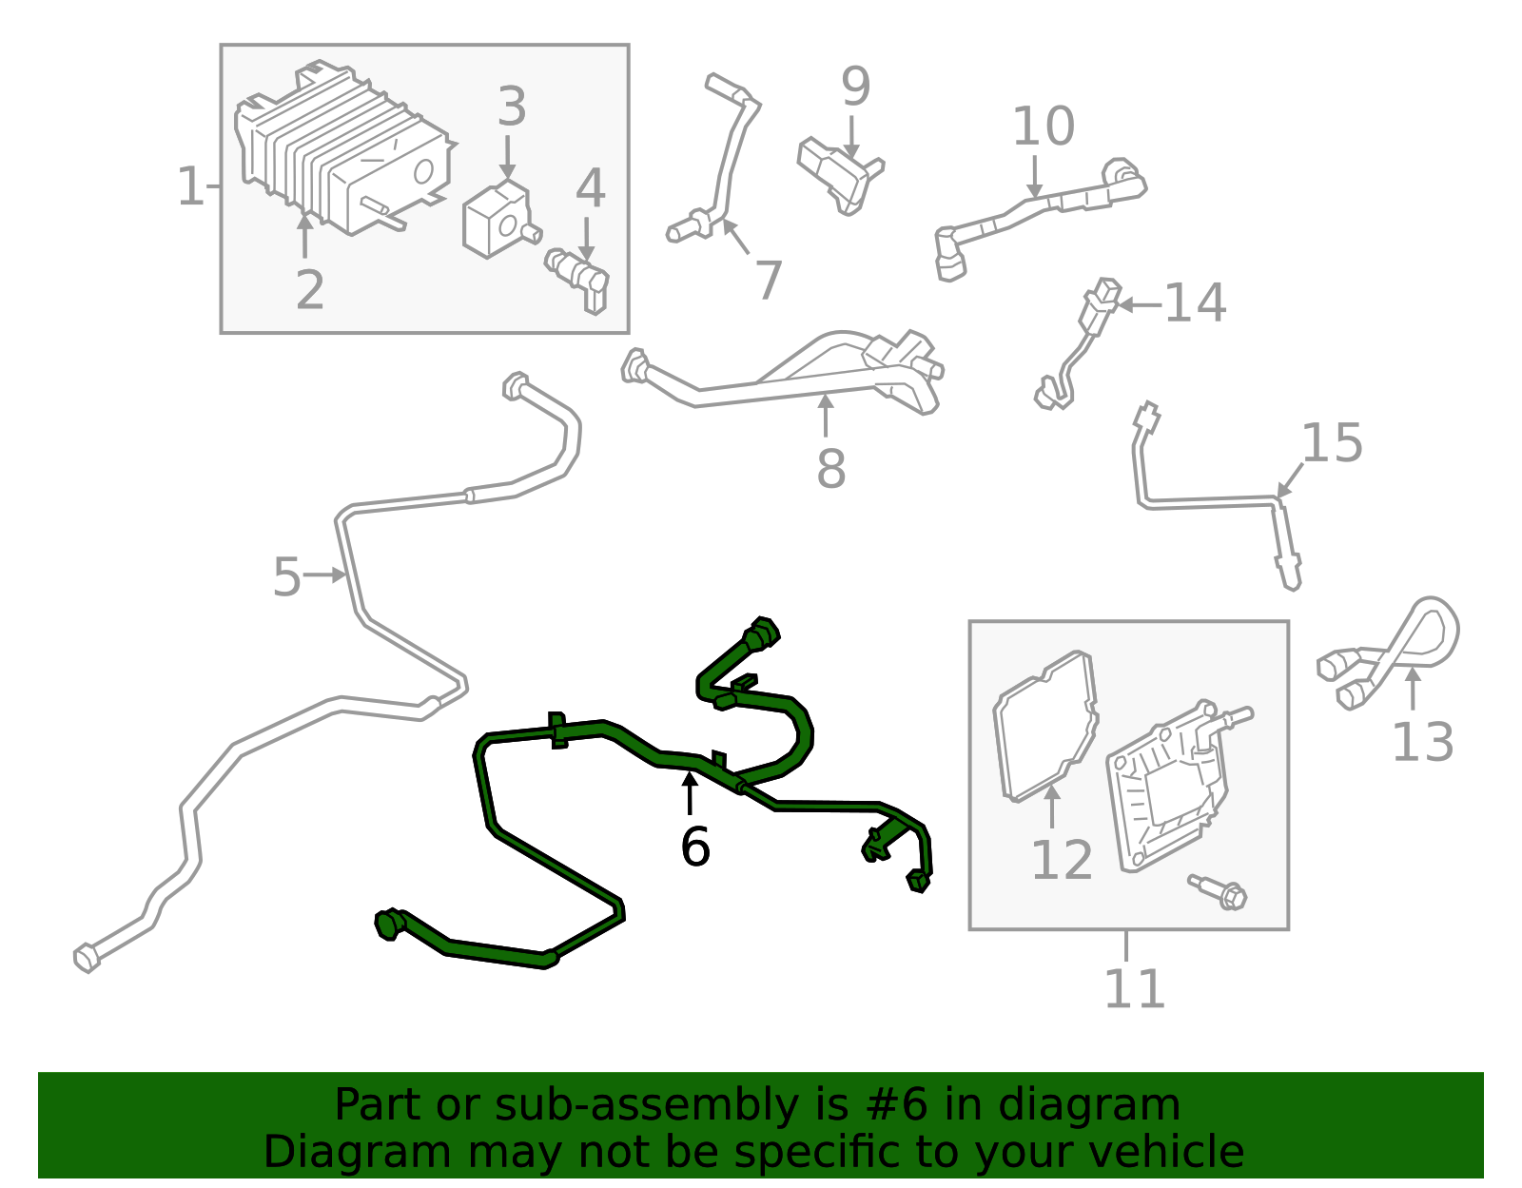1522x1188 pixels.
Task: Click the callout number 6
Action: [x=694, y=847]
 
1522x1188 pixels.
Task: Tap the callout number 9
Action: [x=856, y=87]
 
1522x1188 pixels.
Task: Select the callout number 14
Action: [x=1195, y=303]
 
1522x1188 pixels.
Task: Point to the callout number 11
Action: [x=1135, y=988]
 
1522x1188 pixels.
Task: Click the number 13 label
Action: [x=1423, y=742]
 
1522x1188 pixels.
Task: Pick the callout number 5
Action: [x=286, y=577]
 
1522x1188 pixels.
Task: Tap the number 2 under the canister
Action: [x=310, y=290]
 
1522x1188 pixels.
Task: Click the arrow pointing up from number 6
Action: [x=690, y=793]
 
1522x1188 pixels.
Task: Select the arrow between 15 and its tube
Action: [x=1290, y=480]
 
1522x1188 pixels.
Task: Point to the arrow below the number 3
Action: [x=508, y=158]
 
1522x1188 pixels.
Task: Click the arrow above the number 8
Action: [x=826, y=416]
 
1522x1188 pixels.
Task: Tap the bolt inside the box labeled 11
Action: [x=1219, y=892]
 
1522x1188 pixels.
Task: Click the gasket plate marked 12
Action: [x=1046, y=726]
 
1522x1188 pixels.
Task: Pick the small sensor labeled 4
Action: [x=578, y=279]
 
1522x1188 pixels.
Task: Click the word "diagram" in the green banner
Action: [x=1089, y=1106]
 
